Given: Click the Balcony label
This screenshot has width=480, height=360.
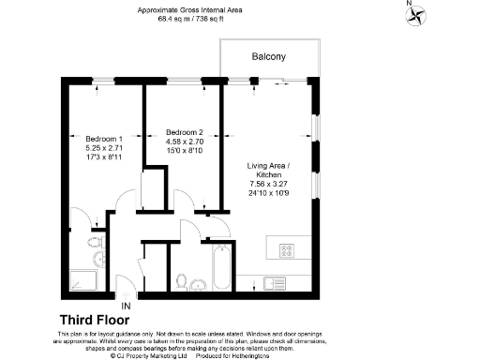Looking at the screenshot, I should click(269, 57).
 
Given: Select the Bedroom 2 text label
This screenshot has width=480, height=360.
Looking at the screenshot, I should click(184, 132).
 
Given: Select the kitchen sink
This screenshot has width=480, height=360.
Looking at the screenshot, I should click(276, 281).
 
